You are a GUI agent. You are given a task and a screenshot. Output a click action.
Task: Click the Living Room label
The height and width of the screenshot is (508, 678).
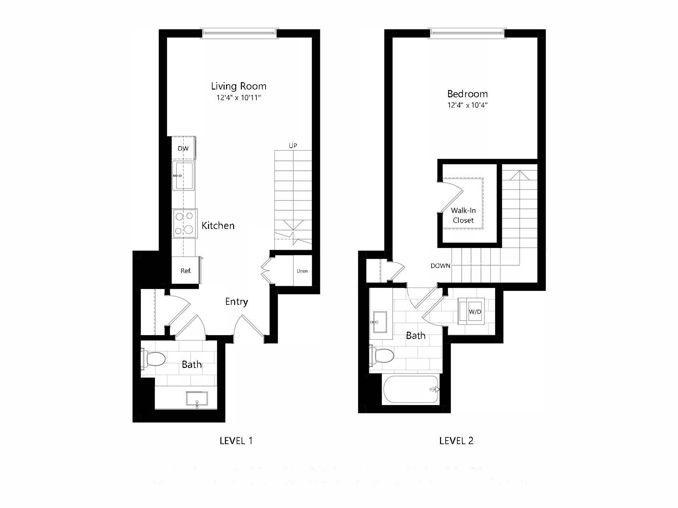(238, 86)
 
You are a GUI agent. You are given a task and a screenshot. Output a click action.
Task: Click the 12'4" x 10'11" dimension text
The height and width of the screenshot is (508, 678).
(238, 98)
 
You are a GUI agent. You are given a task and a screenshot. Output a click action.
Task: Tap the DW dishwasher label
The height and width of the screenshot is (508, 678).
(183, 149)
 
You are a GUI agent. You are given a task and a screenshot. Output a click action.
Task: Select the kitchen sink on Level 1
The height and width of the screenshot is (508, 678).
(183, 175)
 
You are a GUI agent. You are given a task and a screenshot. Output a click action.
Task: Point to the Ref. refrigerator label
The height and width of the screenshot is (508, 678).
(186, 271)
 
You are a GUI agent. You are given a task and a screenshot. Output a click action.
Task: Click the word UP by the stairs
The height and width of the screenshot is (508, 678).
(293, 146)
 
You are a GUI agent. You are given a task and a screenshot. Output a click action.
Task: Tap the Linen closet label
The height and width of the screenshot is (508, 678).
(302, 271)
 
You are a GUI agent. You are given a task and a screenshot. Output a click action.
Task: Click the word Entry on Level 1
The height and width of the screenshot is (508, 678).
(236, 302)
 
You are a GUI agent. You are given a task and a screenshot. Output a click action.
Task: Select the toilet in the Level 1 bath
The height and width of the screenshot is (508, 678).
(154, 359)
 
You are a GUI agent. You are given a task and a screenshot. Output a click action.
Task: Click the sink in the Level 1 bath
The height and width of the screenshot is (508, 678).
(197, 399)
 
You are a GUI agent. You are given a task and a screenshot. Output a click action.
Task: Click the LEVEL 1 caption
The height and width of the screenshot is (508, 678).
(236, 441)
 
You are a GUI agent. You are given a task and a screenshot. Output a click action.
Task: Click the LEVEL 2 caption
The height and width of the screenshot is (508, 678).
(456, 441)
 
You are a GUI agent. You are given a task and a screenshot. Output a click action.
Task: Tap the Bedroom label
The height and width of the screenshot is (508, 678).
(467, 94)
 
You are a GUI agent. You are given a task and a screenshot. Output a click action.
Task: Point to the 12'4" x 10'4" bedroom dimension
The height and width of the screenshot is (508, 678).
(467, 105)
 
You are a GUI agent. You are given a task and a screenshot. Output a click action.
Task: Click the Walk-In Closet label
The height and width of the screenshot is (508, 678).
(463, 215)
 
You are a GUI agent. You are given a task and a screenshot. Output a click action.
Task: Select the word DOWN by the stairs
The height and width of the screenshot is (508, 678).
(440, 266)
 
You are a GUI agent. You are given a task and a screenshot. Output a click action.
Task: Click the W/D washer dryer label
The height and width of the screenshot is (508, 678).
(475, 312)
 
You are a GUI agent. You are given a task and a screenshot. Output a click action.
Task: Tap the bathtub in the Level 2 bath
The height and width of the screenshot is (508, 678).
(411, 389)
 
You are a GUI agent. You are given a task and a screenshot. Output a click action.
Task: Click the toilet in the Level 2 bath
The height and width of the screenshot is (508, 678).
(382, 355)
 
